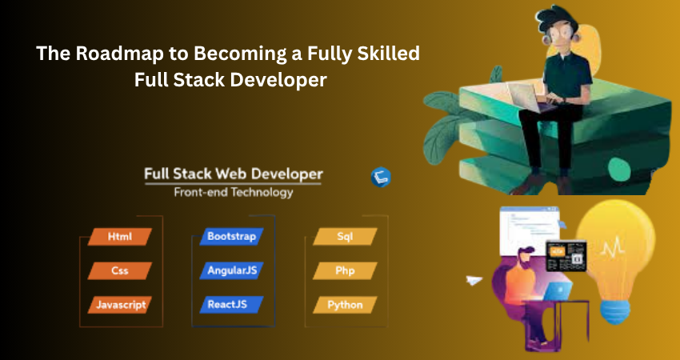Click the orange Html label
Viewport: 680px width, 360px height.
[120, 237]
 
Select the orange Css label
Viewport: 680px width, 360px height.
[120, 270]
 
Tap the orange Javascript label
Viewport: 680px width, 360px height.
[120, 305]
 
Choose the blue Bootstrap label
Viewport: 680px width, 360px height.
[231, 236]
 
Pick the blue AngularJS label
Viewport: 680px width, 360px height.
[231, 270]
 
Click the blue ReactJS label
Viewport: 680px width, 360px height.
[231, 305]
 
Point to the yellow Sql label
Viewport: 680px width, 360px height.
[345, 237]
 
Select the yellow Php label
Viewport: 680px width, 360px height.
[345, 270]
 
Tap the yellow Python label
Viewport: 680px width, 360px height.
[345, 305]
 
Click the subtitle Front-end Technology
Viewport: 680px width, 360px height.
[234, 192]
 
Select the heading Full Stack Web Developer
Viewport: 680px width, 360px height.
[234, 174]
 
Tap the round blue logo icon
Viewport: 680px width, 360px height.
[381, 178]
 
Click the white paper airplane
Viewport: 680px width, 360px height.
[474, 280]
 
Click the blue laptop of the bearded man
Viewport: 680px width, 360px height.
[558, 290]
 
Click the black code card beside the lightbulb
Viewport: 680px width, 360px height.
[566, 255]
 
